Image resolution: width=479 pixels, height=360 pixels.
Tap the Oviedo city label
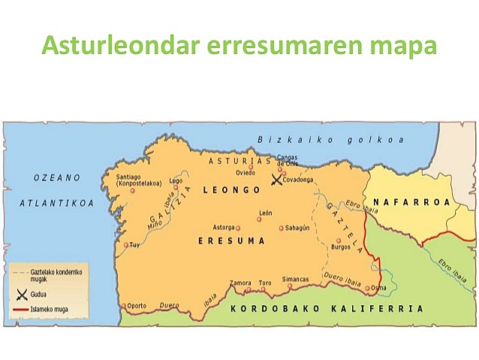(x=246, y=172)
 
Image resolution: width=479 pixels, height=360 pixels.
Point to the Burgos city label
(x=341, y=247)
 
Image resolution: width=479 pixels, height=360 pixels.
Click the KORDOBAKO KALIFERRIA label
(x=327, y=308)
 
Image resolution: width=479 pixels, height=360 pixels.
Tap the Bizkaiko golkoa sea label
(x=330, y=140)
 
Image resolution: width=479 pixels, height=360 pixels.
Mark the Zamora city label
(x=240, y=283)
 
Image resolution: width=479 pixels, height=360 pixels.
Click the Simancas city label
(x=295, y=279)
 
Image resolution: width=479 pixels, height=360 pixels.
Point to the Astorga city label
(x=224, y=227)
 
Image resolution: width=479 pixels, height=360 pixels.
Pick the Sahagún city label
(x=299, y=228)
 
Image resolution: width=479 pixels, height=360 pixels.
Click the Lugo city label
(x=176, y=180)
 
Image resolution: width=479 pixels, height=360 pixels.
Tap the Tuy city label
(x=135, y=245)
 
